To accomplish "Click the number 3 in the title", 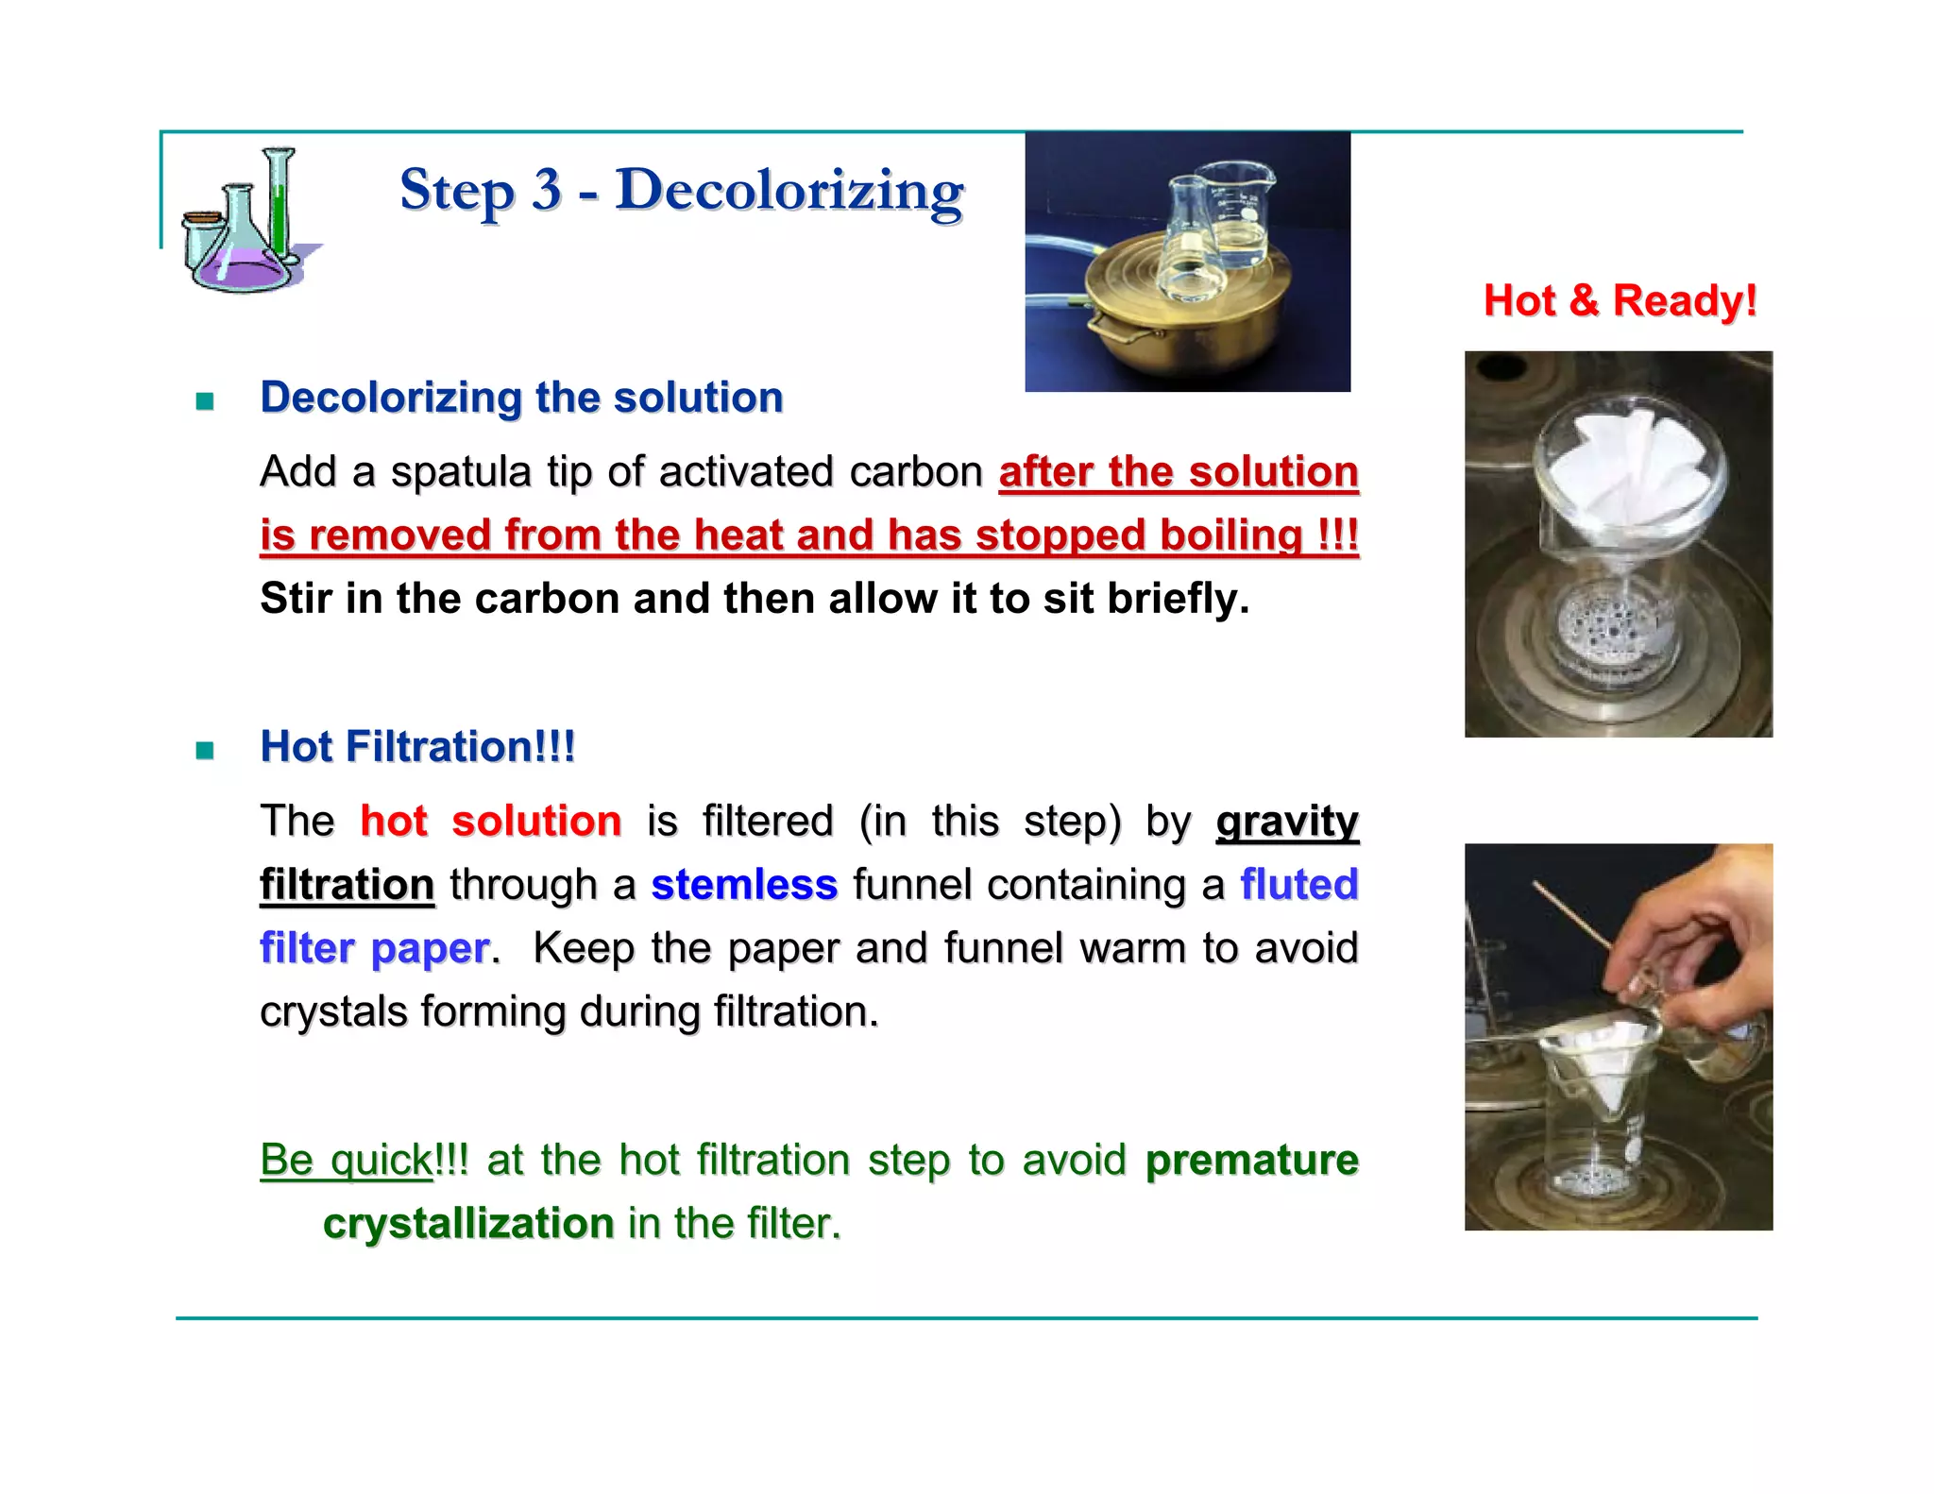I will click(x=546, y=190).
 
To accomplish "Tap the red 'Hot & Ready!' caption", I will click(x=1619, y=301).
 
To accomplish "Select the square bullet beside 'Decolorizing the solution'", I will click(x=205, y=401).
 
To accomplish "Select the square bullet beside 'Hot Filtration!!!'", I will click(x=205, y=751).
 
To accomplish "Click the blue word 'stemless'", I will click(x=744, y=885).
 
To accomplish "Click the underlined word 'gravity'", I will click(x=1286, y=822).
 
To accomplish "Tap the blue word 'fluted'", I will click(x=1298, y=885).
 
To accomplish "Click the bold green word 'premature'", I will click(x=1251, y=1160).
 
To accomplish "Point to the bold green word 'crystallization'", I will click(x=468, y=1224).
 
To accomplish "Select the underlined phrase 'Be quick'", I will click(x=347, y=1160).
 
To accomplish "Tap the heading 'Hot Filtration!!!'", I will click(x=417, y=747).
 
